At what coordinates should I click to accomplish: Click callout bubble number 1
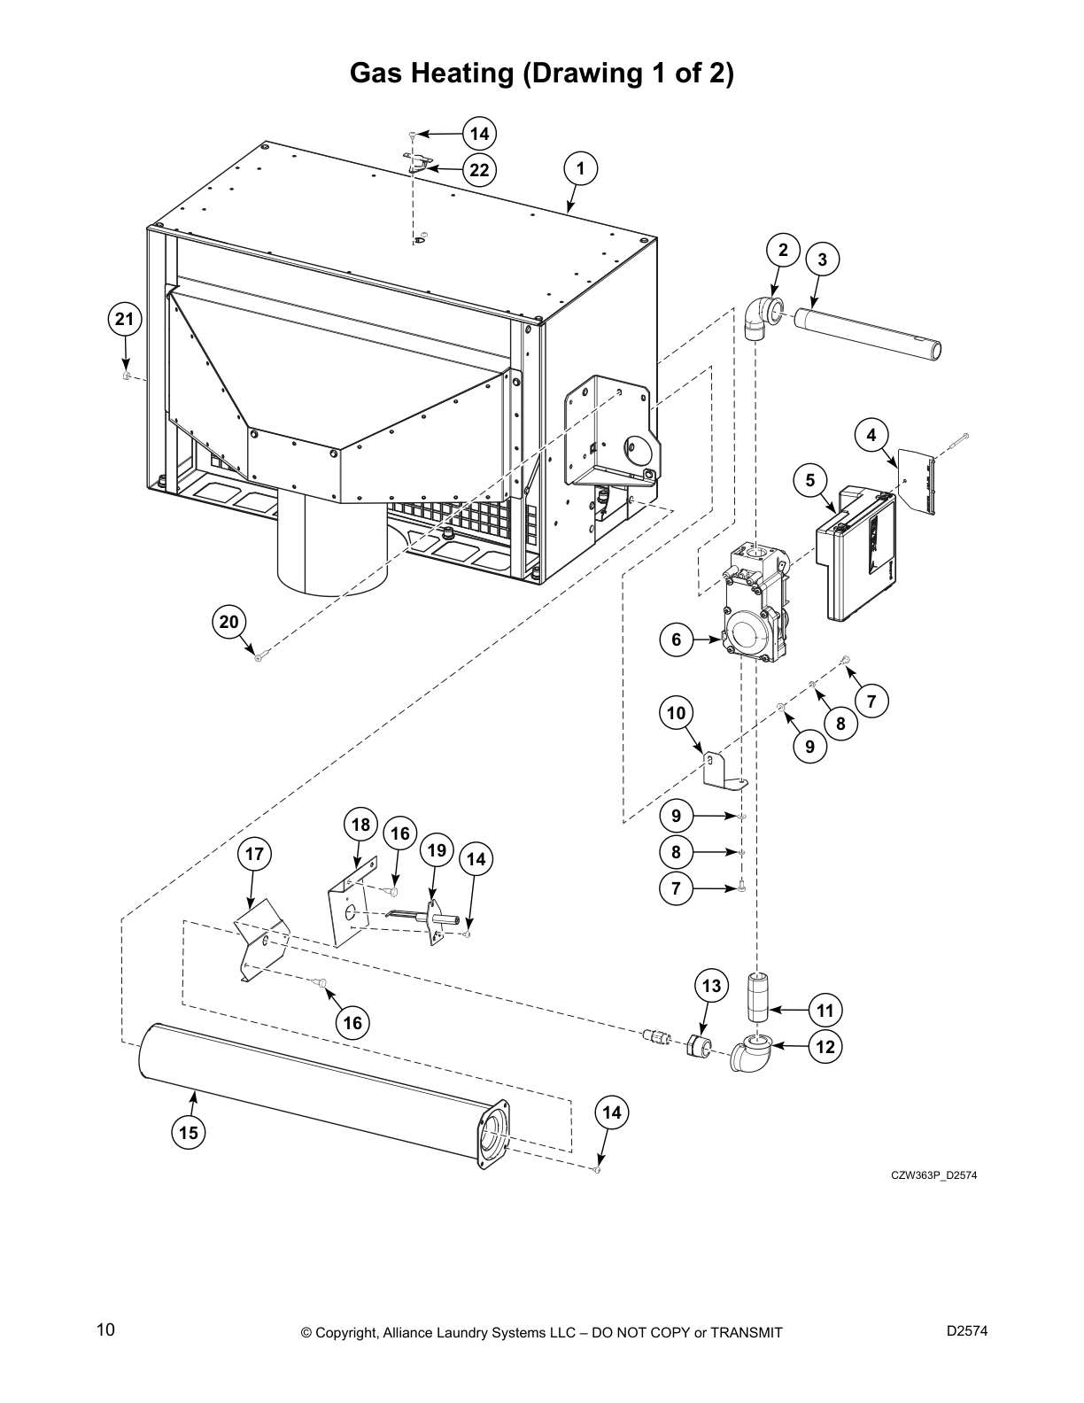[580, 168]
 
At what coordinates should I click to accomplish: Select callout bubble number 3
[822, 259]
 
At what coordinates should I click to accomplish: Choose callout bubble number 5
[809, 480]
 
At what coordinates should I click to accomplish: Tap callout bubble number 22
[479, 170]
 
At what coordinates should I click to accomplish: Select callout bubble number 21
[125, 319]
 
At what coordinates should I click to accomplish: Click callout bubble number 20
[229, 622]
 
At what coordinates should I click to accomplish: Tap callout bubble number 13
[711, 986]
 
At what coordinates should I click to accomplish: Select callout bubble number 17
[254, 854]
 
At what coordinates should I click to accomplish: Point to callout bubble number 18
[360, 825]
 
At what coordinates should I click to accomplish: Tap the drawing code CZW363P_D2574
[933, 1175]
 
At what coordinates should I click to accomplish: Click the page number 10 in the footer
[105, 1329]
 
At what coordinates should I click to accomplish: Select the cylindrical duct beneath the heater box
[332, 549]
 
